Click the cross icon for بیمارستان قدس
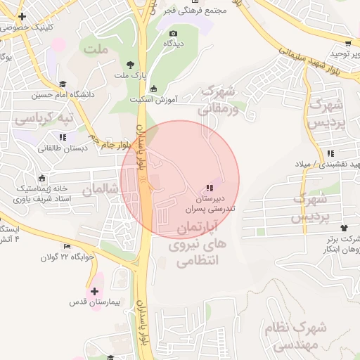(x=94, y=290)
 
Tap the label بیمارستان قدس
(x=96, y=302)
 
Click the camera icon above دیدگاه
(x=173, y=33)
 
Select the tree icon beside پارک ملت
(x=129, y=65)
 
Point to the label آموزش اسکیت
(x=152, y=100)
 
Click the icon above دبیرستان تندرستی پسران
(x=209, y=188)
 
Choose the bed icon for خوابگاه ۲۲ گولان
(x=67, y=246)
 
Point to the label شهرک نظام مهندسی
(x=292, y=335)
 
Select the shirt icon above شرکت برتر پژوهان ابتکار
(x=344, y=227)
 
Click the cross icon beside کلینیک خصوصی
(x=23, y=16)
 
